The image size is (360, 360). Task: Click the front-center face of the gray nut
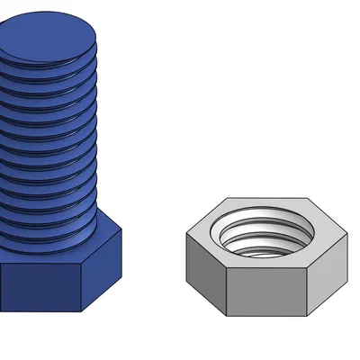tap(267, 292)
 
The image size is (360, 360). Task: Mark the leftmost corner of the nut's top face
tap(186, 235)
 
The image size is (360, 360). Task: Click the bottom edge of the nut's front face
tap(267, 316)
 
